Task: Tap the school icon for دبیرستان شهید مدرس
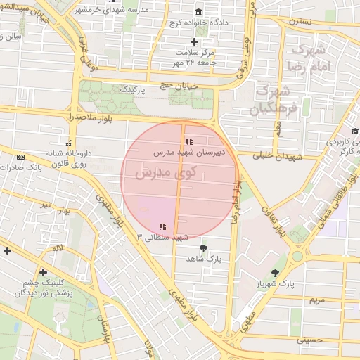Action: pos(188,142)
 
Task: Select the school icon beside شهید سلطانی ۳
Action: pos(162,226)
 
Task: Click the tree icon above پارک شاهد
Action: pos(204,248)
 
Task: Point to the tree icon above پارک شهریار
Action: pos(275,272)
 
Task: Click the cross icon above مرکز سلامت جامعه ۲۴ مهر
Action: pos(195,42)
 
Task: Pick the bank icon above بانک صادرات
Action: pos(20,157)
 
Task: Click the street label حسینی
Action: pos(309,340)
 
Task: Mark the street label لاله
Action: pos(58,248)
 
